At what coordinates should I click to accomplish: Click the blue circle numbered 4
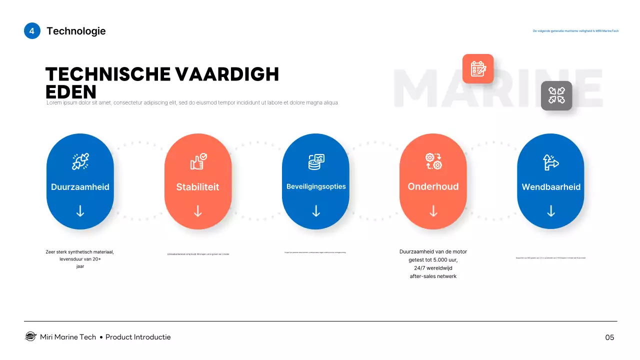(32, 31)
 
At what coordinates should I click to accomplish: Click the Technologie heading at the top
(76, 31)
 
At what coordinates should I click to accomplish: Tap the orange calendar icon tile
(478, 68)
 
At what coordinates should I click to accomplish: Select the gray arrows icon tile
(556, 95)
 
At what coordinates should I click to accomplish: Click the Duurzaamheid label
(80, 187)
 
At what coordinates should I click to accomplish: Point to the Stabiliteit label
(197, 187)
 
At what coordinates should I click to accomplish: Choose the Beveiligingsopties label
(316, 186)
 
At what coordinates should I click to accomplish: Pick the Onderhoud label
(433, 186)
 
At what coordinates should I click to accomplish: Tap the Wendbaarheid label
(551, 187)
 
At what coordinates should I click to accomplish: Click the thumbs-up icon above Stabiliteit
(198, 161)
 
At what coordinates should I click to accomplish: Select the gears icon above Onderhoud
(433, 161)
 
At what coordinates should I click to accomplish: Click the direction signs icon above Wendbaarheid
(551, 161)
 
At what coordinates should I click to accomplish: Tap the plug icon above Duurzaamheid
(80, 161)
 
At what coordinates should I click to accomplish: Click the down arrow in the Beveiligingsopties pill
(316, 211)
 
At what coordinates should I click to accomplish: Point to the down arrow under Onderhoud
(433, 211)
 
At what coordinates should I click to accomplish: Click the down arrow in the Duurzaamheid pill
(80, 211)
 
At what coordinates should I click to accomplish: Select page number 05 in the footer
(609, 337)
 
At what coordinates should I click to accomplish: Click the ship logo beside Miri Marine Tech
(30, 337)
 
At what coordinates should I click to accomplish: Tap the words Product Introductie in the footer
(138, 337)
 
